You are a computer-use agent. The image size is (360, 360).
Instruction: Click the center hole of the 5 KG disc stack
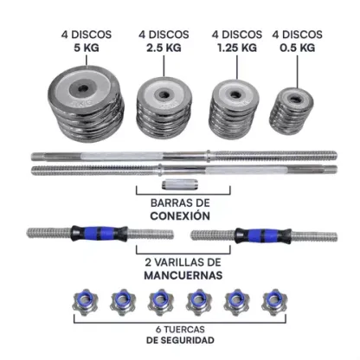[83, 88]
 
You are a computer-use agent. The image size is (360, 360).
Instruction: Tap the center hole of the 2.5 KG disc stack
[164, 94]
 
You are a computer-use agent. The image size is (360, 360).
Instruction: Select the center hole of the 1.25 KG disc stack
[235, 94]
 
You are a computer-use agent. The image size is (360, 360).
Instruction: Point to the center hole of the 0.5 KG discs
[295, 100]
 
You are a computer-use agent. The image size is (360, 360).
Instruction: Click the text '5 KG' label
[87, 48]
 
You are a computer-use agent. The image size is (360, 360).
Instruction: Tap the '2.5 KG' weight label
[164, 48]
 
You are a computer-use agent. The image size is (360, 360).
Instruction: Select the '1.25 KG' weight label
[237, 48]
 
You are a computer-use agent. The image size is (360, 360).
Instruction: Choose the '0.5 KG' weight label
[297, 48]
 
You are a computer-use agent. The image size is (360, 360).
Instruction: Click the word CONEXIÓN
[180, 215]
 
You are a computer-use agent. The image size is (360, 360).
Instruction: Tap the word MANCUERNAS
[183, 275]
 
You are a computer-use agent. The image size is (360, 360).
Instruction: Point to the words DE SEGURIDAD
[180, 340]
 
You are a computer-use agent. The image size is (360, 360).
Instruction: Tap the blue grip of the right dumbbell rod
[262, 235]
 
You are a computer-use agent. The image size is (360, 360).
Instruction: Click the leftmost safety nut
[86, 301]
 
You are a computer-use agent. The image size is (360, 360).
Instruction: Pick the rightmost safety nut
[274, 301]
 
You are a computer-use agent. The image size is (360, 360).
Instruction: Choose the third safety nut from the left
[161, 301]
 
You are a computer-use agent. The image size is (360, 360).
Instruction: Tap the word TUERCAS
[184, 329]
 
